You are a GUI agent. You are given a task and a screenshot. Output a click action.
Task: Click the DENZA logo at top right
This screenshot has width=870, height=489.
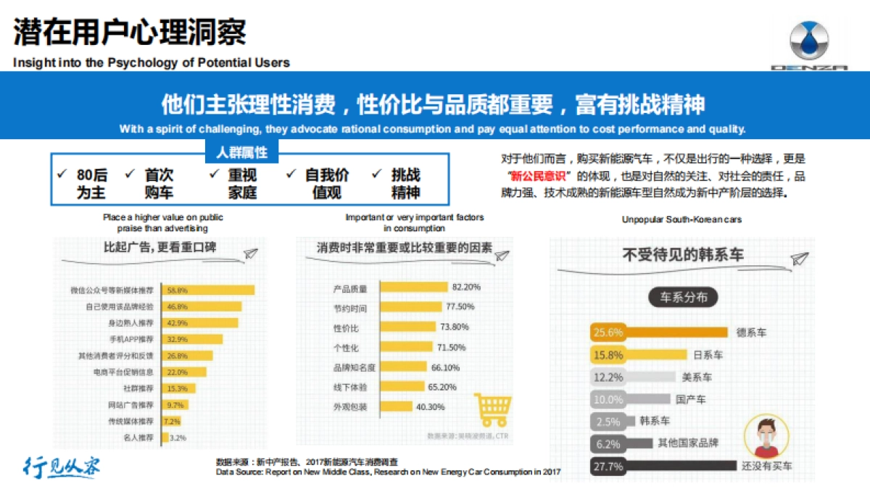[808, 45]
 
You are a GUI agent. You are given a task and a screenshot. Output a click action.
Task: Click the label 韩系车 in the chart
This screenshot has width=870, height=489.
[655, 421]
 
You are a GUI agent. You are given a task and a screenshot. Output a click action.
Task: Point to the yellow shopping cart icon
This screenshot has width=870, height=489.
[492, 411]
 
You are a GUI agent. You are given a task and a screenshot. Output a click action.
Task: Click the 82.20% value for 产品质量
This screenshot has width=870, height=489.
[466, 287]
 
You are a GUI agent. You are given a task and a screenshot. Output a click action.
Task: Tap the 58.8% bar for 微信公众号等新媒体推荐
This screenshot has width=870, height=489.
[207, 290]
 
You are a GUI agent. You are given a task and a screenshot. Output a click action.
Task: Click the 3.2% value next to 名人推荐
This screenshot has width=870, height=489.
[178, 438]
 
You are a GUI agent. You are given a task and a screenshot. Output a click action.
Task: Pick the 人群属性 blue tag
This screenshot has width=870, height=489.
[241, 153]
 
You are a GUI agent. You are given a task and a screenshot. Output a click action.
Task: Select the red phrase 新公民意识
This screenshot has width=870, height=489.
[538, 177]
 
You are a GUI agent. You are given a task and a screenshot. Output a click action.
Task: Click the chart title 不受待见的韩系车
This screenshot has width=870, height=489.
[683, 255]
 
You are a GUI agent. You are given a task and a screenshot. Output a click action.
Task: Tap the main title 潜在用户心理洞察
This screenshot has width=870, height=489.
[130, 32]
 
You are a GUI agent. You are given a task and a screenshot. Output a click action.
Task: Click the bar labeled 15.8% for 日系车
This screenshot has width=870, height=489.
[638, 355]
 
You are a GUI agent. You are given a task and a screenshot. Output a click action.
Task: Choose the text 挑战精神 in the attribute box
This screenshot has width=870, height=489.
[405, 184]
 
